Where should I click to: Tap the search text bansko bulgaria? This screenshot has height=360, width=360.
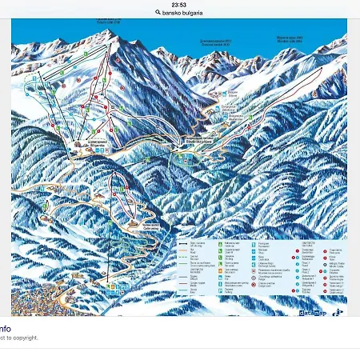(183, 13)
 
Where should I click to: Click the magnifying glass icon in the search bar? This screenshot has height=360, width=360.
(158, 13)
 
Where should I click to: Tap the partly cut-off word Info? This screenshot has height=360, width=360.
(5, 328)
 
